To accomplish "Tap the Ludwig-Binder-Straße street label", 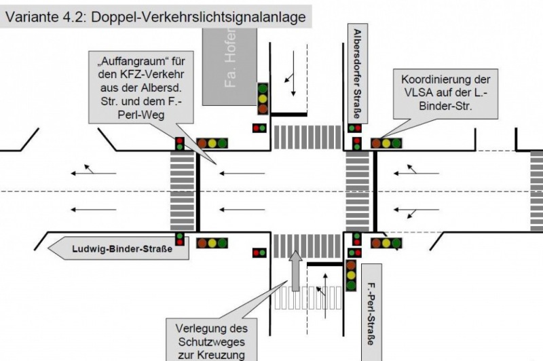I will tap(121, 249).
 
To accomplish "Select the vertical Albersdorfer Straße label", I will tap(358, 74).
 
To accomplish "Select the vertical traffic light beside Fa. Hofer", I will tap(262, 98).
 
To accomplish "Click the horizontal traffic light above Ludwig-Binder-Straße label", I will tap(212, 242).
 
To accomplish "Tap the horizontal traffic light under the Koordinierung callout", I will tap(386, 143).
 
